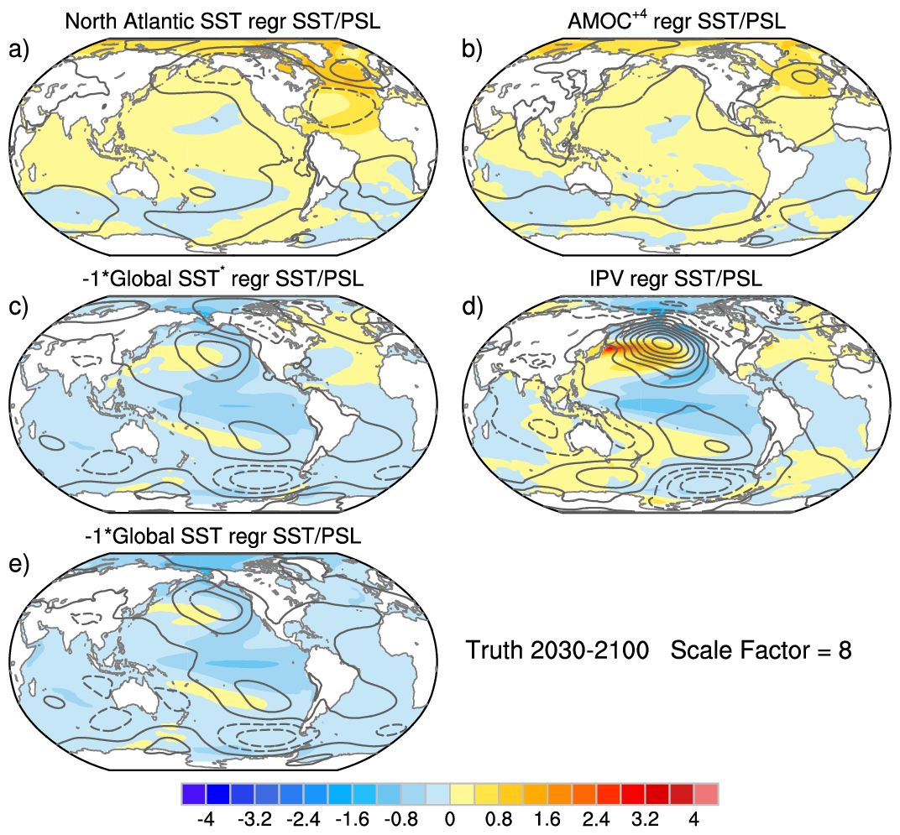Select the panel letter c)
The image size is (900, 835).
click(18, 307)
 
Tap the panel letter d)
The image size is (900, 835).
click(473, 307)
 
